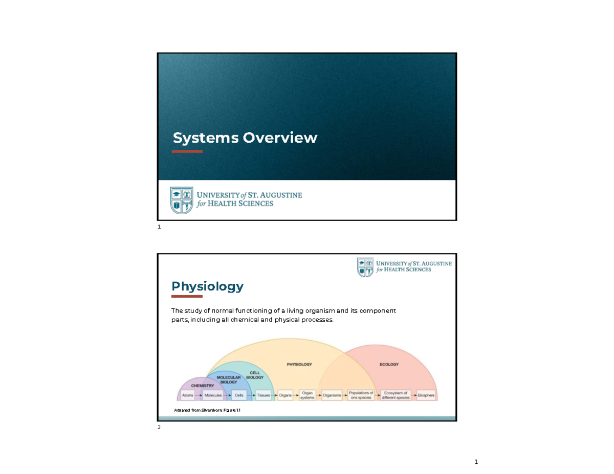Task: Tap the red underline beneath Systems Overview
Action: coord(187,151)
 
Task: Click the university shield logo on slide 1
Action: coord(182,200)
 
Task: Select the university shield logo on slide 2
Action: coord(366,267)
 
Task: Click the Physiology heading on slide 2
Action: coord(207,286)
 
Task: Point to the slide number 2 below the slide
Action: coord(159,427)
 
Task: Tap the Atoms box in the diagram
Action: coord(188,395)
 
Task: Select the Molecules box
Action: coord(213,395)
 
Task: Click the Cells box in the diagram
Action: coord(238,395)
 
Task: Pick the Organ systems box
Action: coord(307,395)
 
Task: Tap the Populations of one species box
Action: coord(361,395)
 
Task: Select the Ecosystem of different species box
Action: coord(397,395)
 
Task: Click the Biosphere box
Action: coord(427,395)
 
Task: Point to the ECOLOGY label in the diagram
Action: coord(389,365)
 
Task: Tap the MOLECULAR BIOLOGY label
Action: coord(229,379)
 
